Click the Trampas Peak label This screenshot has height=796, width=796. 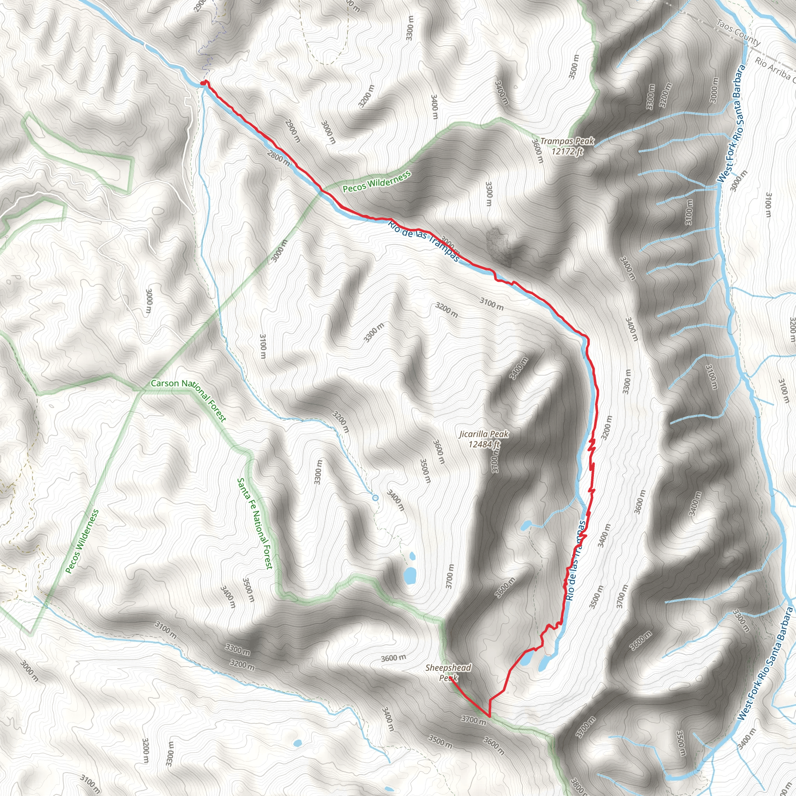pyautogui.click(x=567, y=141)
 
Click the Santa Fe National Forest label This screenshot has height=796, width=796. pyautogui.click(x=255, y=524)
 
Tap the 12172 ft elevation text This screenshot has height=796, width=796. pyautogui.click(x=567, y=152)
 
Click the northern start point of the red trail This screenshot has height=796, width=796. pyautogui.click(x=203, y=83)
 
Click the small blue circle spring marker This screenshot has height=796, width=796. pyautogui.click(x=375, y=498)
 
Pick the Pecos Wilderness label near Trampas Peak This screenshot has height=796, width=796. pyautogui.click(x=377, y=182)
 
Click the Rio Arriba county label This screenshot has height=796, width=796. pyautogui.click(x=773, y=69)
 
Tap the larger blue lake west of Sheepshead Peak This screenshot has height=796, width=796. pyautogui.click(x=410, y=575)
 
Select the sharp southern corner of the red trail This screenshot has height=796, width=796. pyautogui.click(x=489, y=716)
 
